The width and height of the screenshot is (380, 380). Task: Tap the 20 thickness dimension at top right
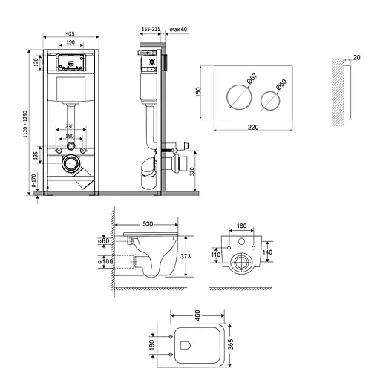[x=356, y=56]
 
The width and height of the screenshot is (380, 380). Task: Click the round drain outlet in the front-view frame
[x=71, y=163]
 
